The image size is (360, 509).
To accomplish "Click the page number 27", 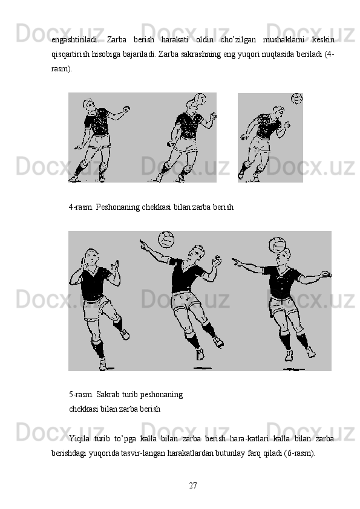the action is point(192,485).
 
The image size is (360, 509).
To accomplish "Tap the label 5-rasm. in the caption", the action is point(81,395).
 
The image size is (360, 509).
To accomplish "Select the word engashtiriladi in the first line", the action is point(75,40).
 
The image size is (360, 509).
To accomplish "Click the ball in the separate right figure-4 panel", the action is point(296,99).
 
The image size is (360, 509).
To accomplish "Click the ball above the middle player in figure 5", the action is point(166,239).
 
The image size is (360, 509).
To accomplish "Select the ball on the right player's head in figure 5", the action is point(277,245).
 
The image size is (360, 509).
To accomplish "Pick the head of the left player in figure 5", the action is point(91,257).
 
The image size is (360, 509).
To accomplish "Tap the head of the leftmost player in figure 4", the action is point(89,105).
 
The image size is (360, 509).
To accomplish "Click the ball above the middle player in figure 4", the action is point(200,99).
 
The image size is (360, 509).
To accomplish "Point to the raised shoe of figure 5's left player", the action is point(125,334).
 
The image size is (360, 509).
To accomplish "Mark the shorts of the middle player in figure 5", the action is point(185,300).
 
